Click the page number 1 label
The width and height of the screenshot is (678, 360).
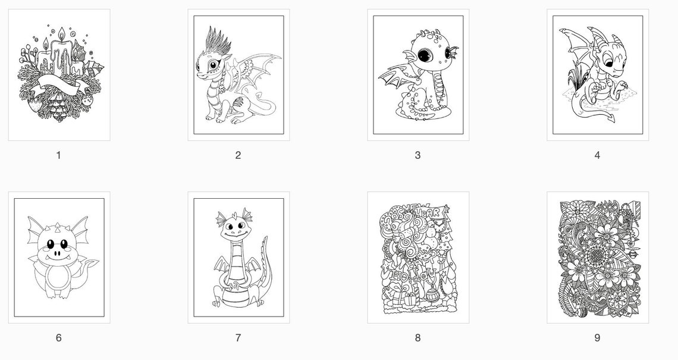[58, 155]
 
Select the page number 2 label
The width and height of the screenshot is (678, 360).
[238, 155]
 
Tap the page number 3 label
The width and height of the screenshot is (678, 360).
[418, 155]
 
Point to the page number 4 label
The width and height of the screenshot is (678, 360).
[597, 155]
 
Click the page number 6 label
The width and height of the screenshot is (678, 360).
[58, 338]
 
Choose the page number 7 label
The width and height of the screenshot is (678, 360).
[238, 338]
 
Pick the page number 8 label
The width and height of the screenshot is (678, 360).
[418, 338]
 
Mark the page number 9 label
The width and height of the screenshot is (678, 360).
[597, 338]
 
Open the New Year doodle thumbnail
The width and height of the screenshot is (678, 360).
[418, 257]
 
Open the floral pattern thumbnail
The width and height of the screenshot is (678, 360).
[597, 257]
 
